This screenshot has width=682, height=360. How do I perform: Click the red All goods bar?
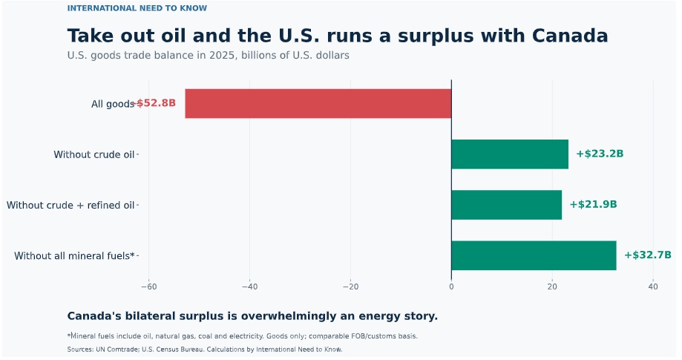(318, 103)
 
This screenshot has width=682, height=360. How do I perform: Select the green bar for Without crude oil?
(510, 154)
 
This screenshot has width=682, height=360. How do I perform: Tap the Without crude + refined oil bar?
(507, 205)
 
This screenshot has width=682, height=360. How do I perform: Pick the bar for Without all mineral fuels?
(534, 255)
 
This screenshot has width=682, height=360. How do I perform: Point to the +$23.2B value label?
(600, 154)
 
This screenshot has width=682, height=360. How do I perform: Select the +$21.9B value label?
(593, 204)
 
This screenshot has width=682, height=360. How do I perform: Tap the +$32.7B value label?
(648, 255)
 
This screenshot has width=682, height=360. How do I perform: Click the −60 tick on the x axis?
(148, 287)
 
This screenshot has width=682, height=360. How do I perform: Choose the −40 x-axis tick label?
(249, 287)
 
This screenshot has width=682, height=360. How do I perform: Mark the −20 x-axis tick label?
(350, 287)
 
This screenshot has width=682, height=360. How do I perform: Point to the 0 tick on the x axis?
(451, 287)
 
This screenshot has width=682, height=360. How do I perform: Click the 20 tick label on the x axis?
(552, 287)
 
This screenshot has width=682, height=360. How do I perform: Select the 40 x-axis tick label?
(653, 287)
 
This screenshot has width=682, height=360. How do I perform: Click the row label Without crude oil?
(94, 154)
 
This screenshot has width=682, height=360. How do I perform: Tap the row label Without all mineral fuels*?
(74, 255)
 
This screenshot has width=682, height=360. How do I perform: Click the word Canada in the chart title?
(570, 36)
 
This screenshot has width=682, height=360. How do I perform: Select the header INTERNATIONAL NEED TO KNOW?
(137, 8)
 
